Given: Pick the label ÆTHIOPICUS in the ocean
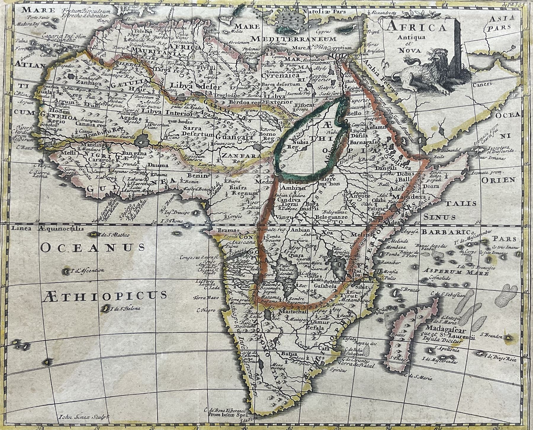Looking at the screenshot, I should point(105,295).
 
